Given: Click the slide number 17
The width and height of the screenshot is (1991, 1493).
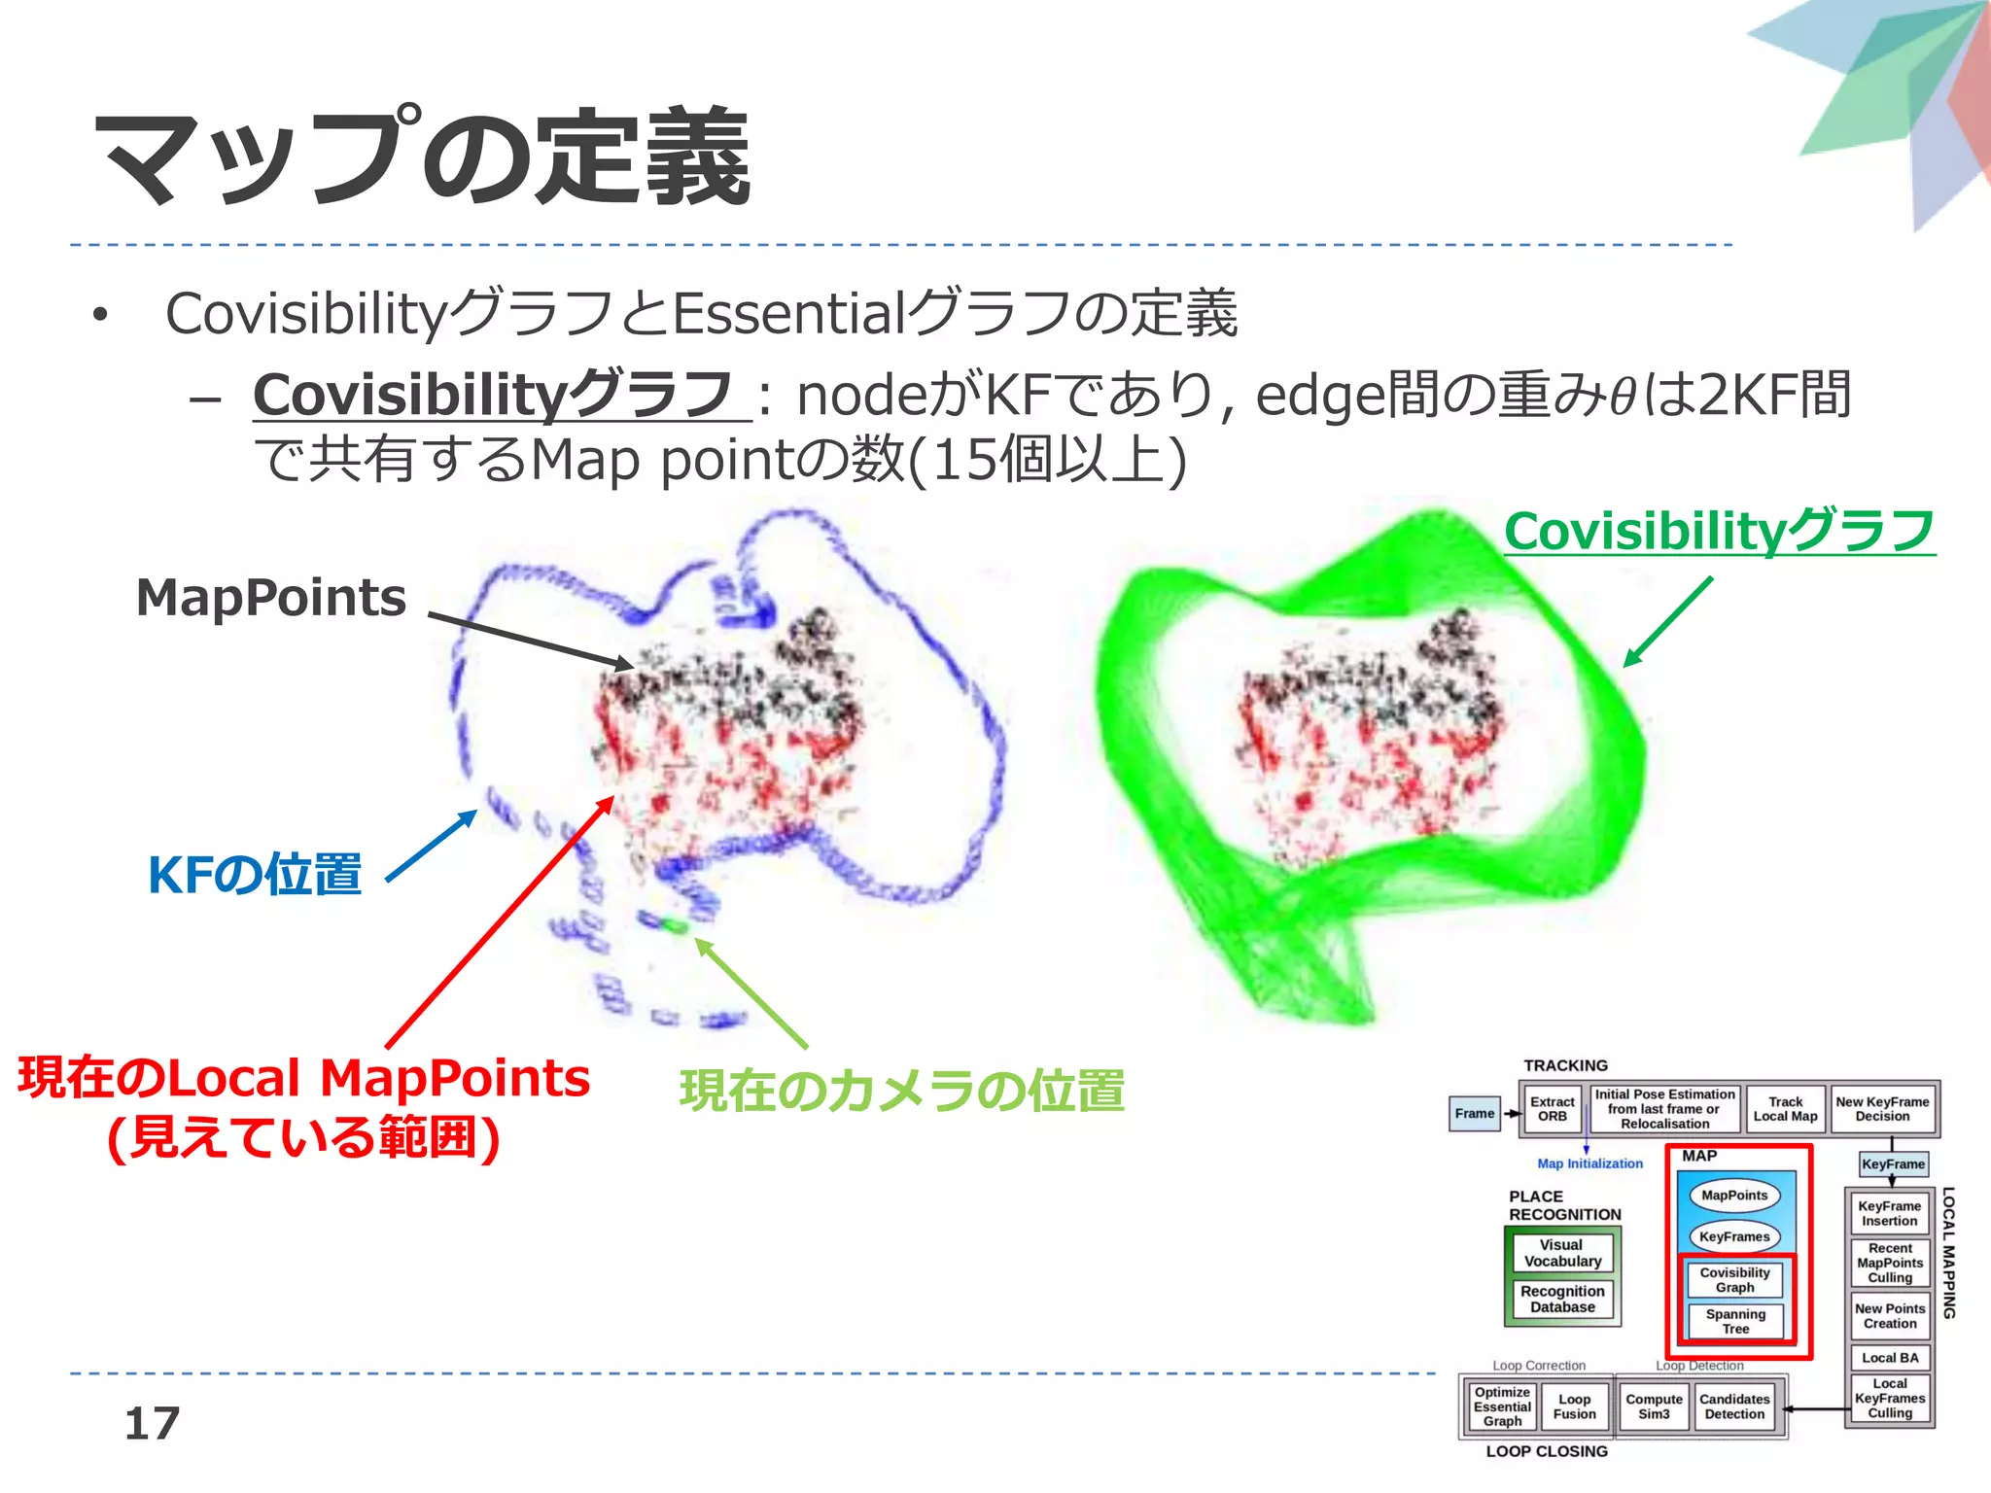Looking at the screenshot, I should click(152, 1424).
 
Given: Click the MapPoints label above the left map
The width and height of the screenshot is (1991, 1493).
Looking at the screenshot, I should click(270, 597).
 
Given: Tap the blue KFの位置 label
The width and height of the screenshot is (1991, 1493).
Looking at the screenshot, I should click(254, 875).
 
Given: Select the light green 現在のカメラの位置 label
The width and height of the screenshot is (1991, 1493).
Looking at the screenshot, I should click(901, 1091).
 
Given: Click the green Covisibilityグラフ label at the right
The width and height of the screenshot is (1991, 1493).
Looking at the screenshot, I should click(1719, 532).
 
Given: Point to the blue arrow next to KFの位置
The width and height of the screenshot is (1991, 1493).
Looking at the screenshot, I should click(432, 846).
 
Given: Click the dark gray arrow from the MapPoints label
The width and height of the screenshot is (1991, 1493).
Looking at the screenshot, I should click(530, 641).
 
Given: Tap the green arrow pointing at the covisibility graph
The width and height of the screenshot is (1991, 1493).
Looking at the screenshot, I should click(1667, 622).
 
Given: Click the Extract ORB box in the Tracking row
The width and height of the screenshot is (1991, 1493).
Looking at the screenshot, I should click(1552, 1109).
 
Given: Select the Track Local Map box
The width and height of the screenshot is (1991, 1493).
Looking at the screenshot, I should click(1785, 1109).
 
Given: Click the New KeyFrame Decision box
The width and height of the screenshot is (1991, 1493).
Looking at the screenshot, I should click(1882, 1109).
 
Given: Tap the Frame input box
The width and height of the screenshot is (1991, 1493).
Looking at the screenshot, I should click(1474, 1114).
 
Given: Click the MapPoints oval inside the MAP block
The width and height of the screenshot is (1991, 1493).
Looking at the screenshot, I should click(1734, 1196).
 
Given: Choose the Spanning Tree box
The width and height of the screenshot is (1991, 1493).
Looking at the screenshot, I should click(1735, 1321).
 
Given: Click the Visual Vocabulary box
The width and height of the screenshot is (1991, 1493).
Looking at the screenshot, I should click(1562, 1253).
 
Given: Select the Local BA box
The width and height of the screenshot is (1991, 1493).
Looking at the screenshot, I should click(1890, 1358).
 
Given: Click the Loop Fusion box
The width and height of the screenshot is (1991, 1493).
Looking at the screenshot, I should click(1574, 1406).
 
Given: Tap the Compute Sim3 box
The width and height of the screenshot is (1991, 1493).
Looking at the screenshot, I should click(1654, 1406).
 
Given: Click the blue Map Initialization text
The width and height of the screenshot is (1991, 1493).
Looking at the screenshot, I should click(1589, 1163).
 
